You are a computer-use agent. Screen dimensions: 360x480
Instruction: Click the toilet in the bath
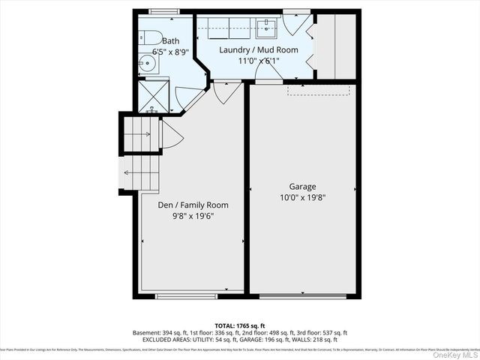pyautogui.click(x=147, y=37)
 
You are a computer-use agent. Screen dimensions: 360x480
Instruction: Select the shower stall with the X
pyautogui.click(x=151, y=97)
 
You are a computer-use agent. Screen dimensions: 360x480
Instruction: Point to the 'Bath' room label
pyautogui.click(x=171, y=41)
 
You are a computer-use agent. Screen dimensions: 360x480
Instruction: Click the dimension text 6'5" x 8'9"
pyautogui.click(x=171, y=52)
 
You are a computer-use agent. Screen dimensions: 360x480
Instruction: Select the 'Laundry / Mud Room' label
pyautogui.click(x=258, y=49)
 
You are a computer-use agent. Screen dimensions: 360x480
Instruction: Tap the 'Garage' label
pyautogui.click(x=302, y=187)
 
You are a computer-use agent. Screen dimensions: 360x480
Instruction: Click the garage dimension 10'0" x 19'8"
pyautogui.click(x=302, y=198)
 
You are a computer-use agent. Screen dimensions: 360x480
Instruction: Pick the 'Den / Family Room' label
pyautogui.click(x=193, y=205)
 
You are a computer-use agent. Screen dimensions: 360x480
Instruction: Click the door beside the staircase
pyautogui.click(x=169, y=135)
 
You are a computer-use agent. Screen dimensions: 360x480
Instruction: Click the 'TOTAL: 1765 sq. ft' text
pyautogui.click(x=240, y=325)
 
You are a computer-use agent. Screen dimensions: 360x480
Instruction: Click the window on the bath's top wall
pyautogui.click(x=159, y=10)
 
